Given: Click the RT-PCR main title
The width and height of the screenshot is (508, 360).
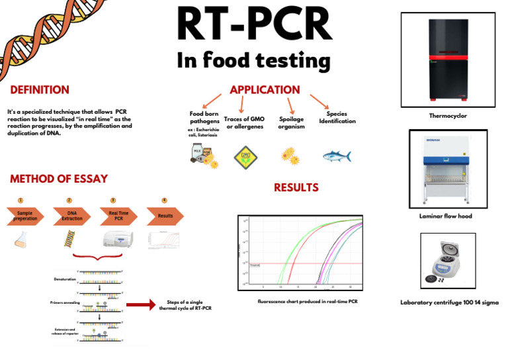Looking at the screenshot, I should (253, 25).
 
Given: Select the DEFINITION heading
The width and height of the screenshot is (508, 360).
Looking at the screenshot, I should (40, 89).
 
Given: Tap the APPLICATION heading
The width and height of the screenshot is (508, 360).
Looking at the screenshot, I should (265, 89).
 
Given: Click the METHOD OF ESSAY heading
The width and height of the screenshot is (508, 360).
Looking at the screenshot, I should (59, 179).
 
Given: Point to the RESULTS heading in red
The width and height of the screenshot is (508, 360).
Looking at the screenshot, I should (296, 187).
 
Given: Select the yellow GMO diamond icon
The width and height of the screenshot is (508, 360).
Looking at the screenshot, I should (247, 156).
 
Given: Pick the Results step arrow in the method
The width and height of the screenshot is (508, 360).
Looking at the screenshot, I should (165, 216).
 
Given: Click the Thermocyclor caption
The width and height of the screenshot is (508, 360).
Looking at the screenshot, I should (448, 115).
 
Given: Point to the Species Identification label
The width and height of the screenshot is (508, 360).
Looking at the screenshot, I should (337, 117).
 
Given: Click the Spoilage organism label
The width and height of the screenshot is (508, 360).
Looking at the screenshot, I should (292, 122).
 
